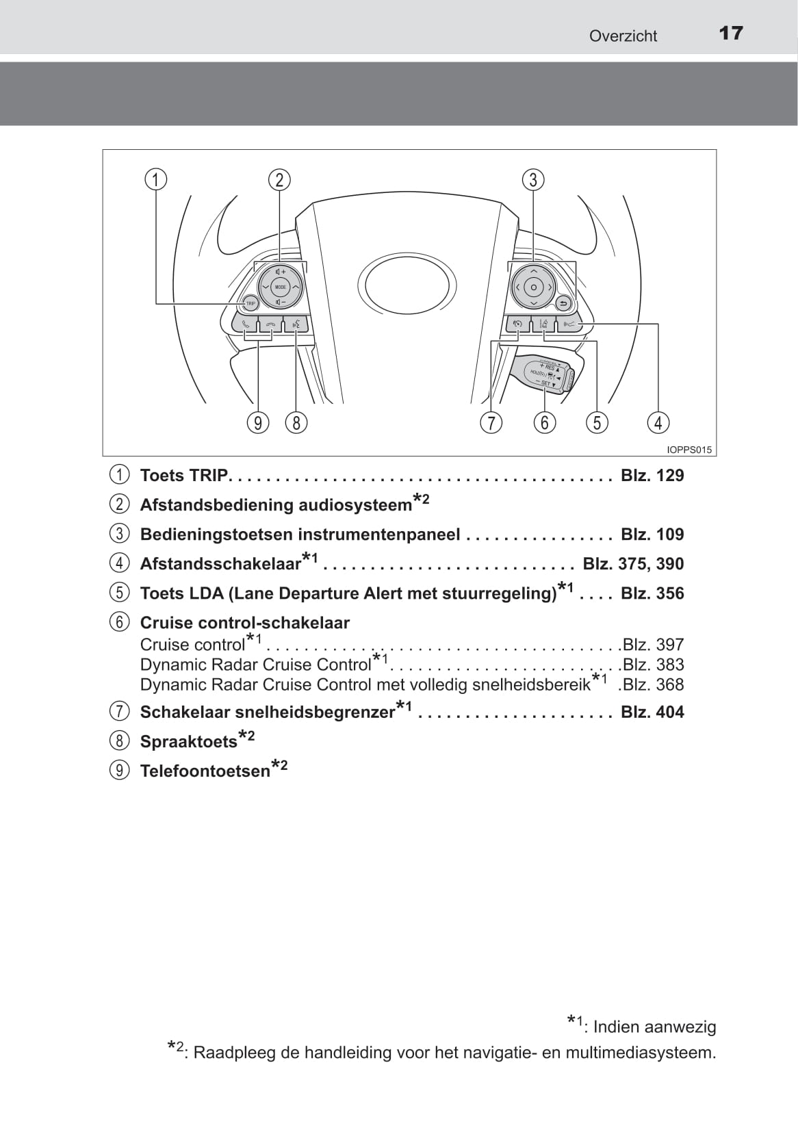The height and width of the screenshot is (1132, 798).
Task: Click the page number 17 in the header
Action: [731, 34]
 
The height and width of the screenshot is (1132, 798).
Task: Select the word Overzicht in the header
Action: [623, 36]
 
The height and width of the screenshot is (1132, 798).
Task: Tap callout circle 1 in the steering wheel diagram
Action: [156, 180]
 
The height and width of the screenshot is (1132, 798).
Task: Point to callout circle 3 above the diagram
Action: [533, 180]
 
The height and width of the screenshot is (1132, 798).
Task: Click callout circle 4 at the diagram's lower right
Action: [658, 423]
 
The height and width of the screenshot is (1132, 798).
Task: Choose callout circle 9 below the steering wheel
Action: [258, 423]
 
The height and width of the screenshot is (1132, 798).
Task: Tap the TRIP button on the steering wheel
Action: [250, 303]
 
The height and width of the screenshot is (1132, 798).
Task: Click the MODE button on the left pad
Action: [280, 287]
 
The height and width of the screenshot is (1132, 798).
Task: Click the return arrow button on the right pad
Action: [563, 303]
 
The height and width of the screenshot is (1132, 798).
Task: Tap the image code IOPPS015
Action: [689, 450]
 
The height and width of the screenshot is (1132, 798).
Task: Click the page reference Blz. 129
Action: [652, 476]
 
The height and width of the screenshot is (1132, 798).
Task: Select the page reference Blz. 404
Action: [652, 712]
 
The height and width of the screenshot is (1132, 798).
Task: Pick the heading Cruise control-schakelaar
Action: [244, 623]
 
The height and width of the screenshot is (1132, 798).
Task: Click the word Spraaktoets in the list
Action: [188, 742]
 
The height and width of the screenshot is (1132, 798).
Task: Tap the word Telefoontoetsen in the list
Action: [205, 771]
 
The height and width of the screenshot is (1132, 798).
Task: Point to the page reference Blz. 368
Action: [653, 684]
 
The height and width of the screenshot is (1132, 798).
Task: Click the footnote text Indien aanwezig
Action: [654, 1027]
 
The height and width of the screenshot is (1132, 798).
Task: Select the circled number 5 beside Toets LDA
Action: [119, 593]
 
